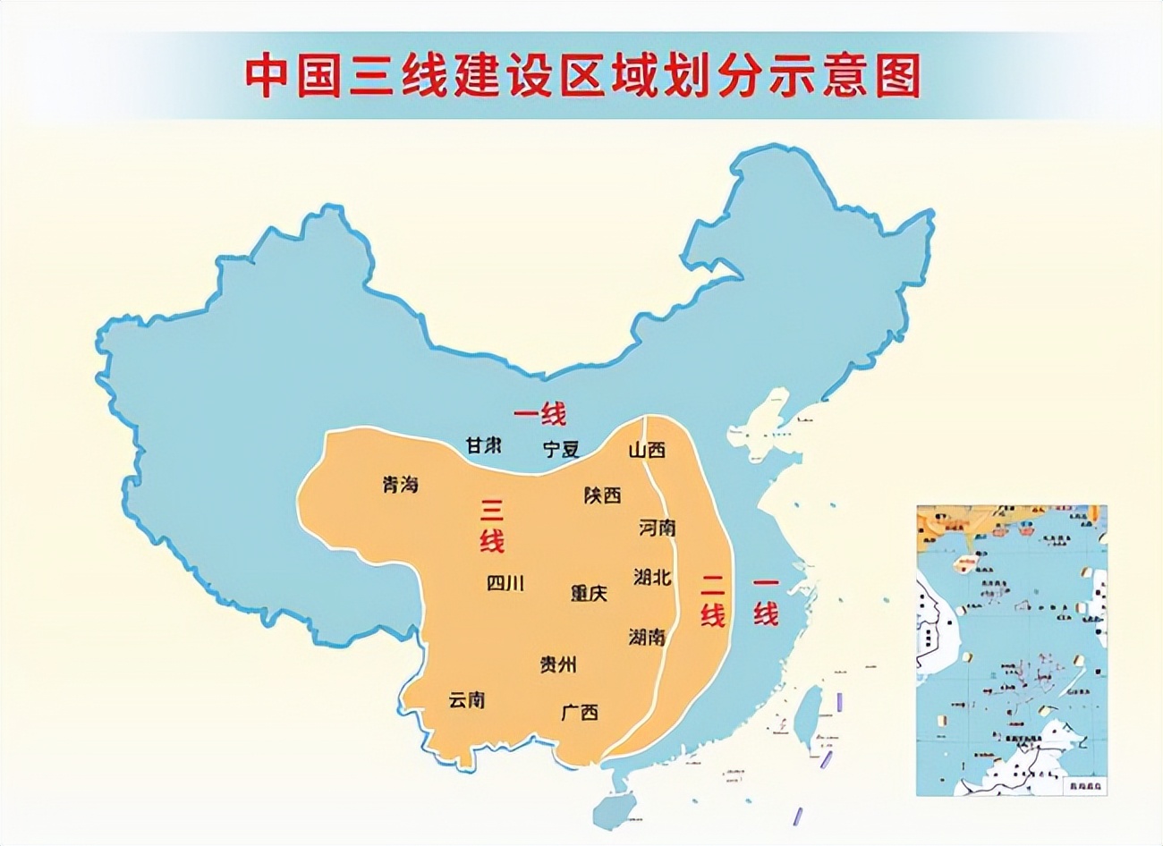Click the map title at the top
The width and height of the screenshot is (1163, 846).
pyautogui.click(x=582, y=76)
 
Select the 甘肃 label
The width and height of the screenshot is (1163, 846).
pyautogui.click(x=483, y=444)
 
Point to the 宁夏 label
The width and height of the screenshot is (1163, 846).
pyautogui.click(x=561, y=449)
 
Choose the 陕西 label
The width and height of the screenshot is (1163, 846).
pyautogui.click(x=602, y=495)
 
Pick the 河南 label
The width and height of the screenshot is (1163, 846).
pyautogui.click(x=658, y=528)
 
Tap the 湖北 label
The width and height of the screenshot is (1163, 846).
pyautogui.click(x=652, y=577)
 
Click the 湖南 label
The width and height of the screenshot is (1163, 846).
pyautogui.click(x=647, y=637)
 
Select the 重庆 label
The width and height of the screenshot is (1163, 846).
pyautogui.click(x=589, y=592)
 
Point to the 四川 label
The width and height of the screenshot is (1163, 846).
pyautogui.click(x=505, y=583)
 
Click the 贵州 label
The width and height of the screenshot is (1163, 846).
pyautogui.click(x=558, y=664)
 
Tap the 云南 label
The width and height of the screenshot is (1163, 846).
pyautogui.click(x=467, y=699)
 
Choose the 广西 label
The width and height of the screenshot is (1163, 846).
pyautogui.click(x=580, y=713)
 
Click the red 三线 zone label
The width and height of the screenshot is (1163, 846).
pyautogui.click(x=492, y=525)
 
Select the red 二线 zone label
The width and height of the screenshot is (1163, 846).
pyautogui.click(x=712, y=599)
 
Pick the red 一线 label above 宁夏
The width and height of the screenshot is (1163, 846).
pyautogui.click(x=539, y=414)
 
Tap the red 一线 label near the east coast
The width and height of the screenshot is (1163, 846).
pyautogui.click(x=765, y=599)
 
